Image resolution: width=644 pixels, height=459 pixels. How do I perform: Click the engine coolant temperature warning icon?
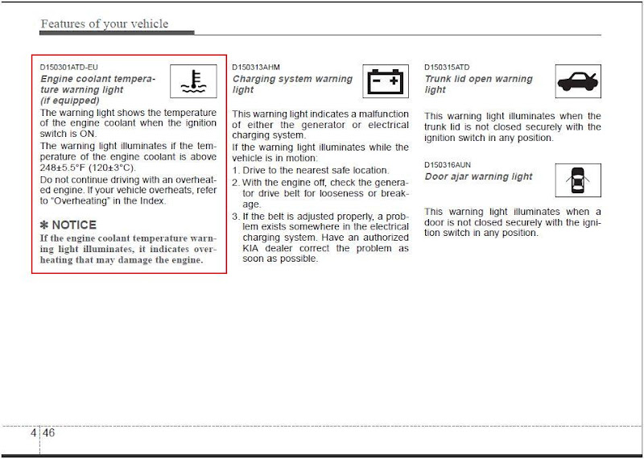pyautogui.click(x=193, y=81)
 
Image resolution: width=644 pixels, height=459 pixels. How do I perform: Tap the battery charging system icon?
pyautogui.click(x=385, y=81)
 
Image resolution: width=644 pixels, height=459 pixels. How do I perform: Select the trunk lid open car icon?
pyautogui.click(x=577, y=81)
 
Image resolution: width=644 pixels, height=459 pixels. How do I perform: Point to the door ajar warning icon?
pyautogui.click(x=577, y=180)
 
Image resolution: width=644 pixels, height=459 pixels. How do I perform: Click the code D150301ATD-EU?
pyautogui.click(x=68, y=68)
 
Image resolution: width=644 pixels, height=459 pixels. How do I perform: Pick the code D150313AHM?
pyautogui.click(x=256, y=68)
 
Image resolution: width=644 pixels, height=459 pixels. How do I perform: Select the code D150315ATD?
pyautogui.click(x=447, y=68)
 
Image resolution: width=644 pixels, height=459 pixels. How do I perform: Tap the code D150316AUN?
pyautogui.click(x=448, y=165)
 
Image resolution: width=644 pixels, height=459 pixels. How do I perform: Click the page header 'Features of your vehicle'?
pyautogui.click(x=104, y=23)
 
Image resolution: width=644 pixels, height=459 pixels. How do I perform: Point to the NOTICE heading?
pyautogui.click(x=73, y=225)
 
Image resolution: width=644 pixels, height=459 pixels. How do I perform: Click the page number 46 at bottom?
pyautogui.click(x=48, y=432)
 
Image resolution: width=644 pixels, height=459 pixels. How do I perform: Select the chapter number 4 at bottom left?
pyautogui.click(x=33, y=432)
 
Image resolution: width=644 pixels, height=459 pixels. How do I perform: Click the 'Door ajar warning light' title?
pyautogui.click(x=478, y=176)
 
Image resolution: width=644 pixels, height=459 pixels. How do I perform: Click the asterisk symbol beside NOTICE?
pyautogui.click(x=45, y=225)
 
